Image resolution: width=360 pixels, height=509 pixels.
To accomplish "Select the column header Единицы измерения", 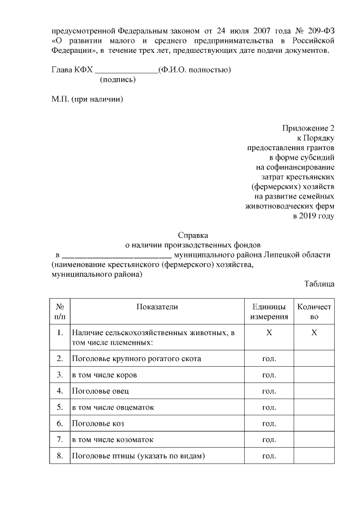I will pyautogui.click(x=269, y=312).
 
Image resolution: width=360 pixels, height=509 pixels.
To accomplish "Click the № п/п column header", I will pyautogui.click(x=60, y=312).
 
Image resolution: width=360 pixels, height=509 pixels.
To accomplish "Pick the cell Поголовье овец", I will pyautogui.click(x=101, y=390).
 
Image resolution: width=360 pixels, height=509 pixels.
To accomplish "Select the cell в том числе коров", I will pyautogui.click(x=104, y=374).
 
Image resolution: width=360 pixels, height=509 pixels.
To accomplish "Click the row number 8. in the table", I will pyautogui.click(x=60, y=456).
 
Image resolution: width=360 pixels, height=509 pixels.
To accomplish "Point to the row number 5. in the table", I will pyautogui.click(x=60, y=407).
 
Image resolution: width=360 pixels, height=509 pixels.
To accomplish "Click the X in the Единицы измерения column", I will pyautogui.click(x=269, y=333).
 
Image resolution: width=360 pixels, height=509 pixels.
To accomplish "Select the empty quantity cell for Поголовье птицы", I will pyautogui.click(x=314, y=456).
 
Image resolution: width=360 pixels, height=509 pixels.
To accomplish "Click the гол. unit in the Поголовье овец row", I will pyautogui.click(x=269, y=390).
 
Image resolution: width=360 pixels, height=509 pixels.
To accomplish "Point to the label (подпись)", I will pyautogui.click(x=118, y=80).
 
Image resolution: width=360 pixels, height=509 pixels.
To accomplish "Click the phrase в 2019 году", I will pyautogui.click(x=313, y=215).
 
